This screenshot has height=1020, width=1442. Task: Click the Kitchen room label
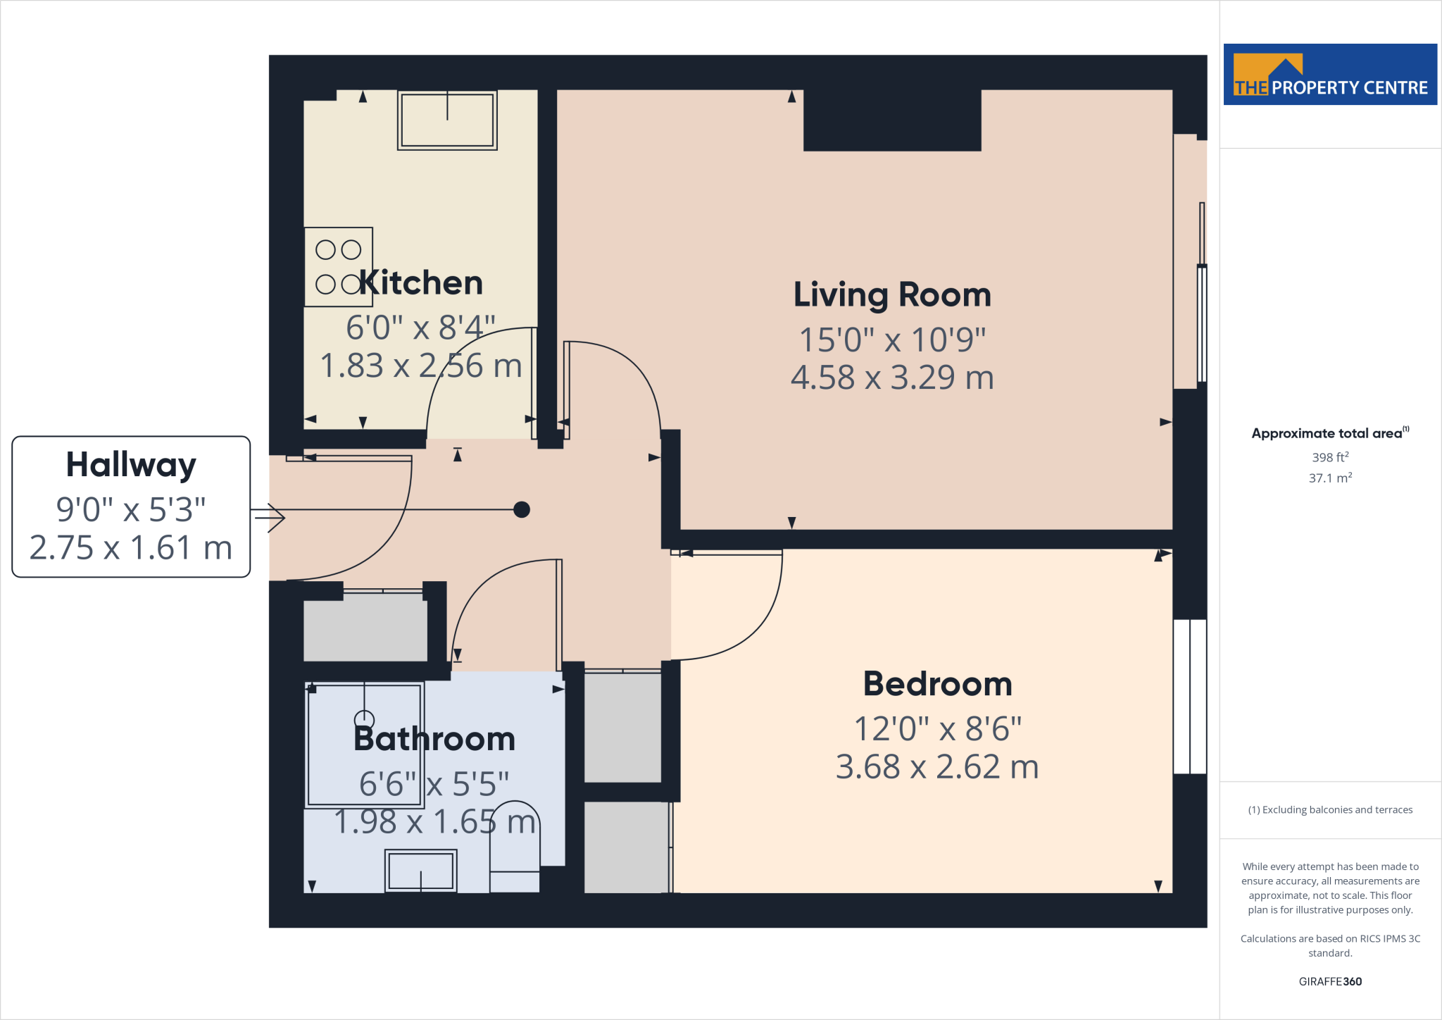421,283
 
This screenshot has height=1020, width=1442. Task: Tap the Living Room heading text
892,294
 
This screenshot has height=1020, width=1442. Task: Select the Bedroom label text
937,684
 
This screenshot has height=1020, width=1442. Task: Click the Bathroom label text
434,739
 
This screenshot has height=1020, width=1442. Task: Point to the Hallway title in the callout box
131,465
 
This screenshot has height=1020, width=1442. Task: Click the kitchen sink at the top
447,120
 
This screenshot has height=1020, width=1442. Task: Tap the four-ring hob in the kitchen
338,267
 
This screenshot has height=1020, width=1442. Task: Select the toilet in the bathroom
515,845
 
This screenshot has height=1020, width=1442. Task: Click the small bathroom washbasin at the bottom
420,871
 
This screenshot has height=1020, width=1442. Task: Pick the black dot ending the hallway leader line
522,509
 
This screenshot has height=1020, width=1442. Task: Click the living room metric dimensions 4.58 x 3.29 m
892,378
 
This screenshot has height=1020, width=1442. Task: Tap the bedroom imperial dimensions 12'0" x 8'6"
937,729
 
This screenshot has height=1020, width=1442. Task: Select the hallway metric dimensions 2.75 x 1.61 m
131,548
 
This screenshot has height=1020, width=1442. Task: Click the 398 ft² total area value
1330,457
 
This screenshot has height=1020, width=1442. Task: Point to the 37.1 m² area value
1330,478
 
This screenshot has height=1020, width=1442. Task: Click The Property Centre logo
1330,75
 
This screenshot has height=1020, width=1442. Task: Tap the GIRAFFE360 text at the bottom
1330,981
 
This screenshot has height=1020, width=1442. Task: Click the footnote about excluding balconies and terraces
1330,810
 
